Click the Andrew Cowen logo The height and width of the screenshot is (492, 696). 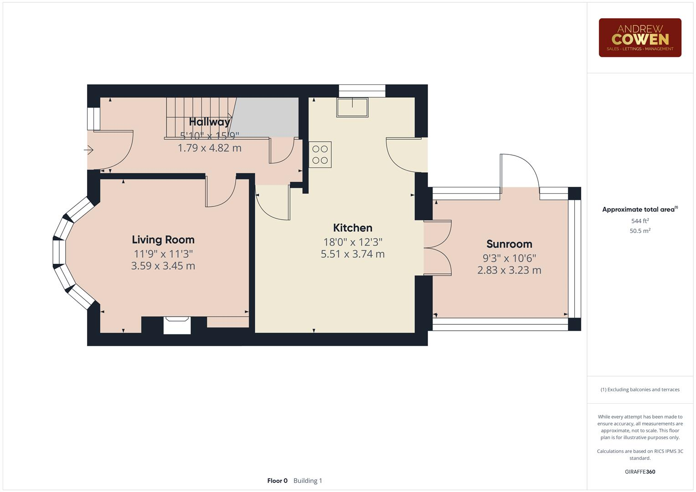click(639, 38)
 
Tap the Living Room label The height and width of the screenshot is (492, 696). click(163, 240)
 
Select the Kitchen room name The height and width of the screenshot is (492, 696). click(352, 228)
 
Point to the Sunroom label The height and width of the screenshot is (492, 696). click(509, 244)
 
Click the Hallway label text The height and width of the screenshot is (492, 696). click(209, 122)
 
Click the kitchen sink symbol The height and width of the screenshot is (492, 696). click(352, 108)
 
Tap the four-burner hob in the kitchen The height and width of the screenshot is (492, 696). click(320, 154)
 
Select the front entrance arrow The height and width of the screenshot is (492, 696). click(89, 149)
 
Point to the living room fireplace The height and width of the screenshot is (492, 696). click(177, 325)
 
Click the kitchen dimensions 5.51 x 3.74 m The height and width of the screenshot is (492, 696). click(352, 254)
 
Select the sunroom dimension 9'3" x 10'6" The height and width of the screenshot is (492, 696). click(509, 258)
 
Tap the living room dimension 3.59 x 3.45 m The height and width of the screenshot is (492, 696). click(163, 266)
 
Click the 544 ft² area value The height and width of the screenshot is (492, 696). click(639, 221)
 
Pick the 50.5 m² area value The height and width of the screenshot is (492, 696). click(639, 231)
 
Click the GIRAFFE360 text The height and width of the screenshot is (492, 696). click(639, 471)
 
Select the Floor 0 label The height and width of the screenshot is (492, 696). click(277, 481)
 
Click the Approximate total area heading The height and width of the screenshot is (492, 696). click(639, 210)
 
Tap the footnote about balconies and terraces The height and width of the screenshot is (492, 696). click(639, 389)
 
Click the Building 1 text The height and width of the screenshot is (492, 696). click(308, 481)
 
